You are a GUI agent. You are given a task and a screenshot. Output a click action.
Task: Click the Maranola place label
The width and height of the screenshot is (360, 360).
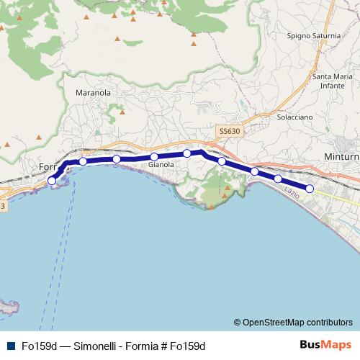pyautogui.click(x=94, y=93)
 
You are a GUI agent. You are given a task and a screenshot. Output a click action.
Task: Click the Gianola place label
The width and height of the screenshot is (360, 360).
pyautogui.click(x=161, y=165)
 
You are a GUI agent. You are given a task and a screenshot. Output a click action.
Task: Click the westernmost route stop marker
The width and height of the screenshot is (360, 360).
pyautogui.click(x=51, y=180)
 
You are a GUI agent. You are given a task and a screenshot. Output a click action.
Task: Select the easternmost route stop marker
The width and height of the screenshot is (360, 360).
pyautogui.click(x=310, y=189)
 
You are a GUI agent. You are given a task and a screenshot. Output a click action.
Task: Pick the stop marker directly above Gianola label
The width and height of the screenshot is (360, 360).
pyautogui.click(x=154, y=157)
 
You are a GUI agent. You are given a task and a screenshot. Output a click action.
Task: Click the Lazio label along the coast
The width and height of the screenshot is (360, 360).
pyautogui.click(x=292, y=192)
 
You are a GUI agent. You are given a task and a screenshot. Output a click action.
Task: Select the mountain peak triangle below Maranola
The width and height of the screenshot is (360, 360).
pyautogui.click(x=122, y=112)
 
